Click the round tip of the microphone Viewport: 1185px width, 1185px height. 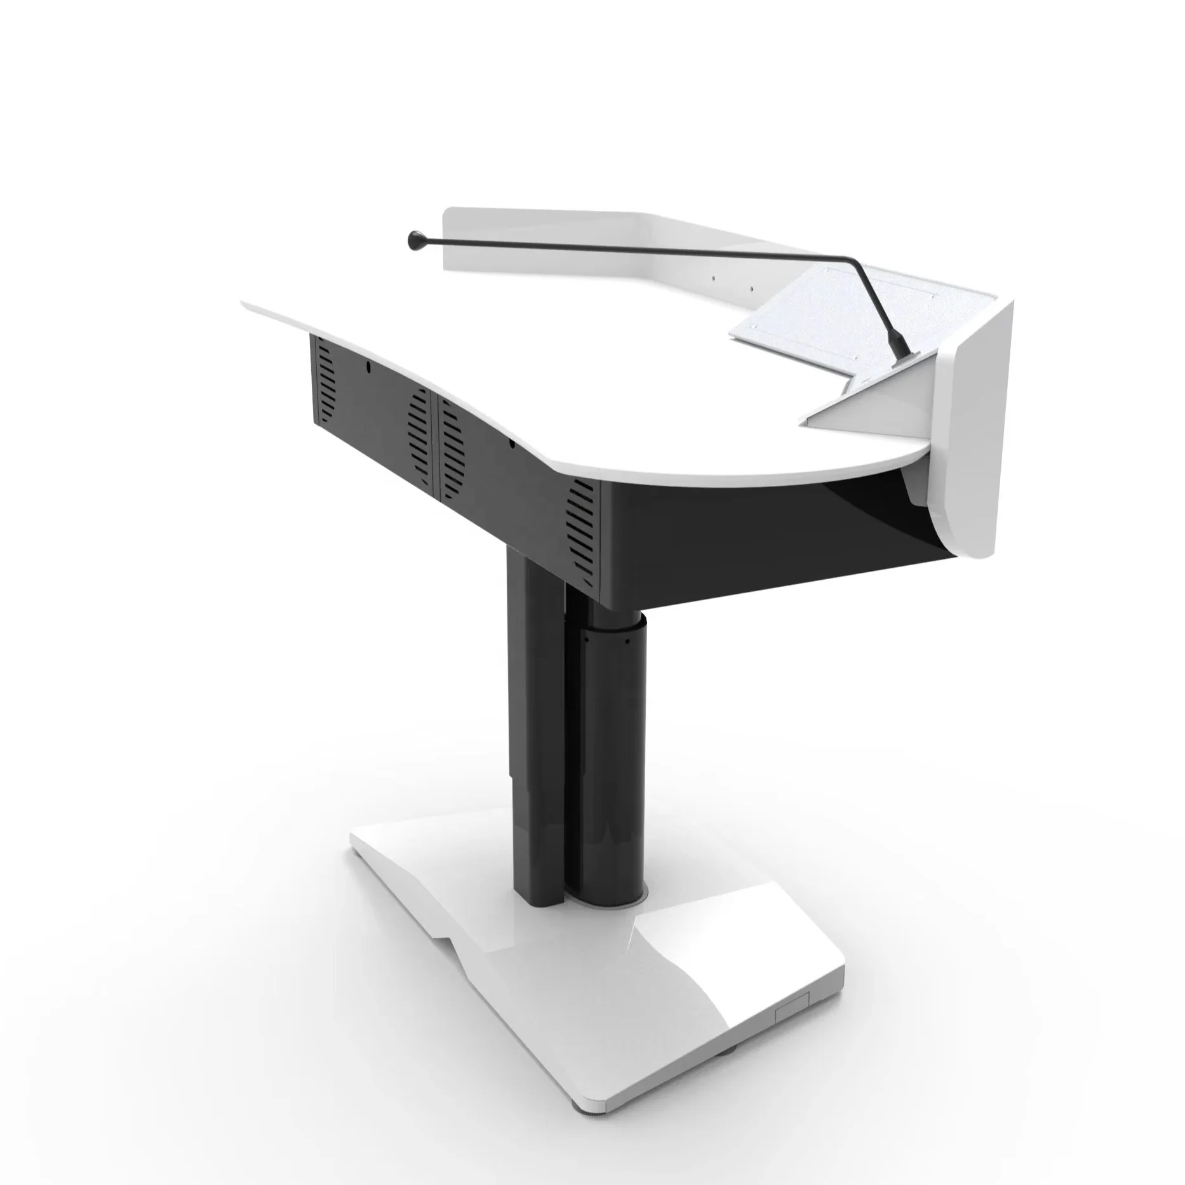[x=415, y=239]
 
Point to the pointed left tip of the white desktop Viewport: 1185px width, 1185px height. [x=244, y=304]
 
